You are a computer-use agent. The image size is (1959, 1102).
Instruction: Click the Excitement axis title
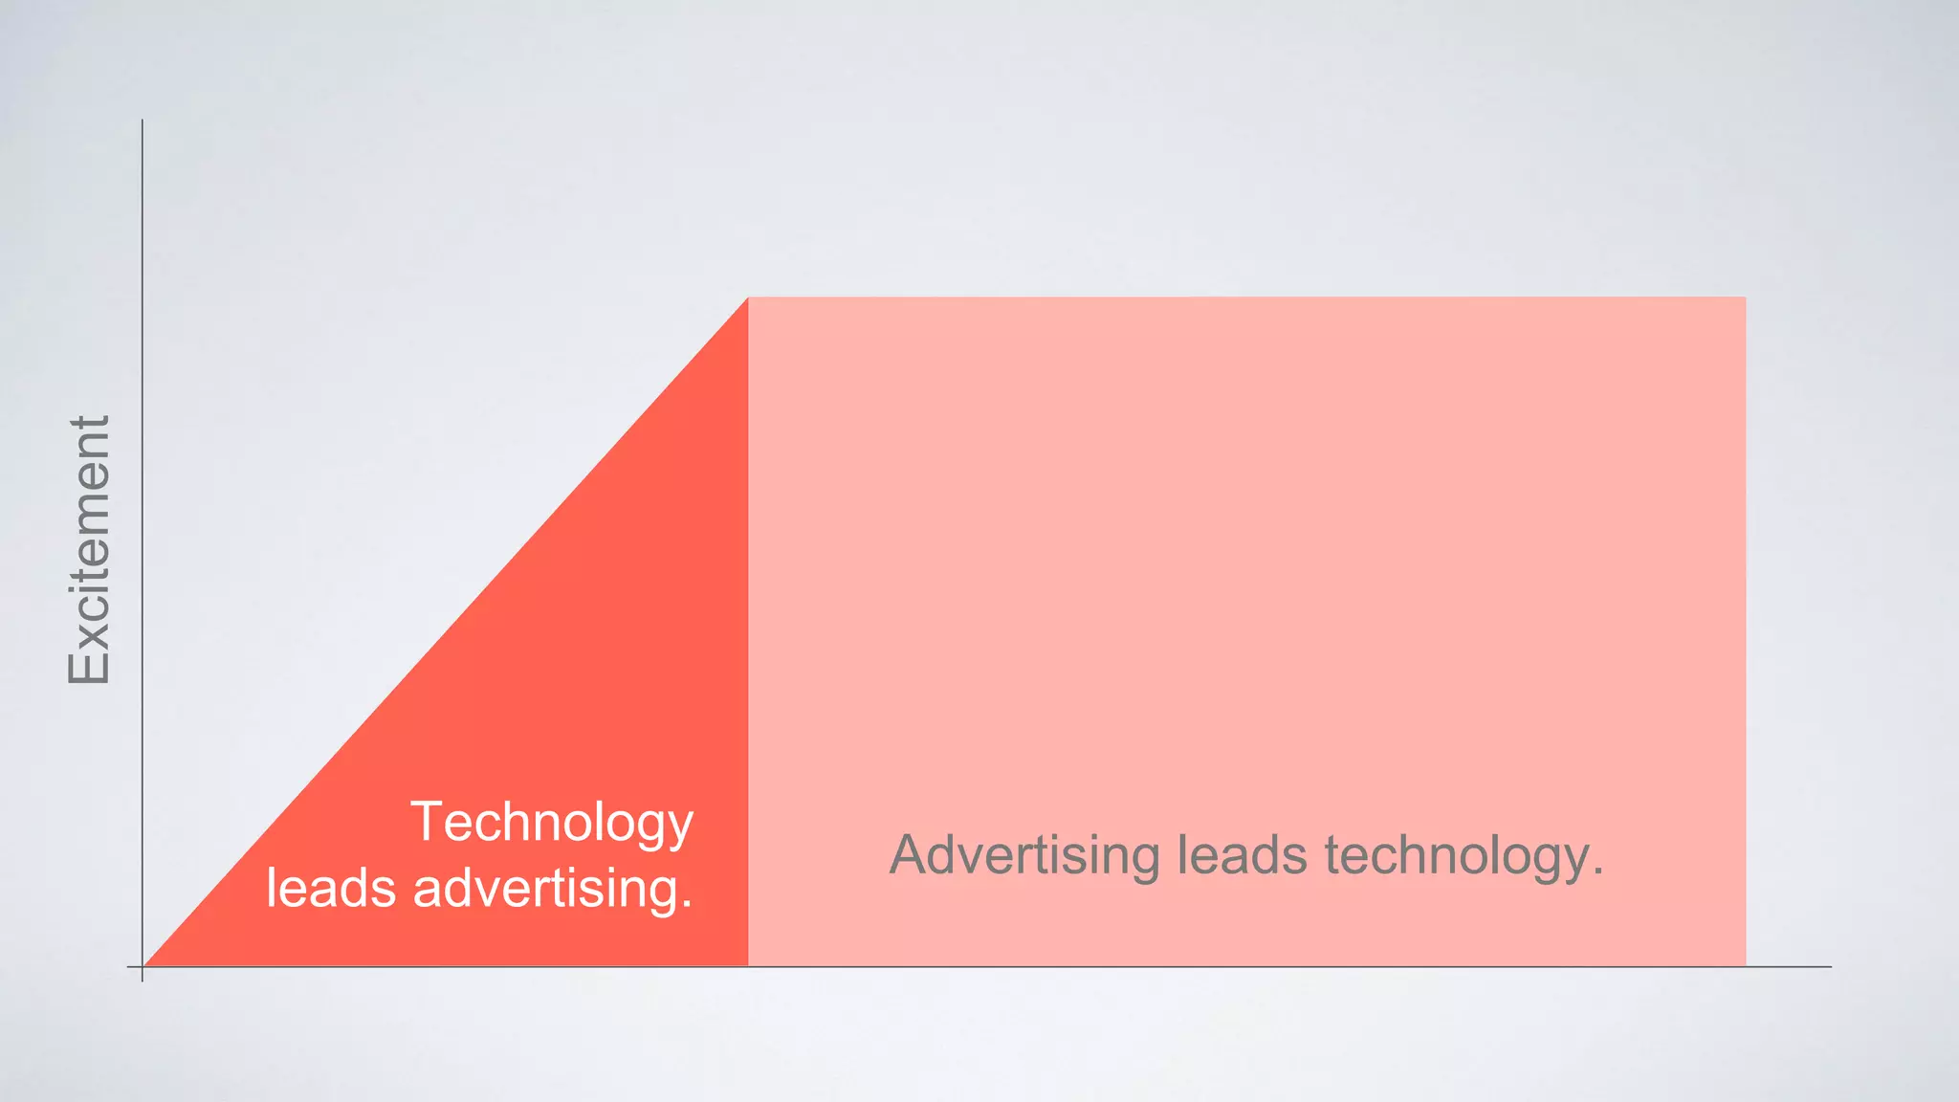tap(89, 550)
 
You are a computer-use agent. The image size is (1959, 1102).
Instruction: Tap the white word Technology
tap(552, 823)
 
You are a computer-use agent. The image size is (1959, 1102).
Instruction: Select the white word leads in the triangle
tap(331, 888)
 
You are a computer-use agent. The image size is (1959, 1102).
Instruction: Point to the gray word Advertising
tap(1024, 854)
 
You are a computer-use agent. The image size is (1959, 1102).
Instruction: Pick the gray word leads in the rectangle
tap(1242, 854)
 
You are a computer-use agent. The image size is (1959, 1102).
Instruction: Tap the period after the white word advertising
tap(687, 905)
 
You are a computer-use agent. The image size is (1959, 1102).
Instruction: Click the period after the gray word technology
tap(1597, 871)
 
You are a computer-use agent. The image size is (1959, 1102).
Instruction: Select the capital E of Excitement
tap(89, 666)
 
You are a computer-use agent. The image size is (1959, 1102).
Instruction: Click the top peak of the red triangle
tap(747, 298)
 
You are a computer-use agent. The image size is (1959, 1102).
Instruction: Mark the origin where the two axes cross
tap(143, 967)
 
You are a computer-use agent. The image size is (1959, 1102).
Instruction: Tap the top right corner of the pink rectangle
tap(1745, 298)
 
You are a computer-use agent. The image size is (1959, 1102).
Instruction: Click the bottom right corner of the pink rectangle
tap(1745, 965)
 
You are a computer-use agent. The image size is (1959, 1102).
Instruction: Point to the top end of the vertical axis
tap(143, 121)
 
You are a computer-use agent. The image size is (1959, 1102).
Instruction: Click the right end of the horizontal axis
tap(1830, 967)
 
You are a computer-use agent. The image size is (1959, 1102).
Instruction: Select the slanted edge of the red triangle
tap(445, 632)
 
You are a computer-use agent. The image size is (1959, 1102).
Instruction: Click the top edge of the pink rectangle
tap(1244, 298)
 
